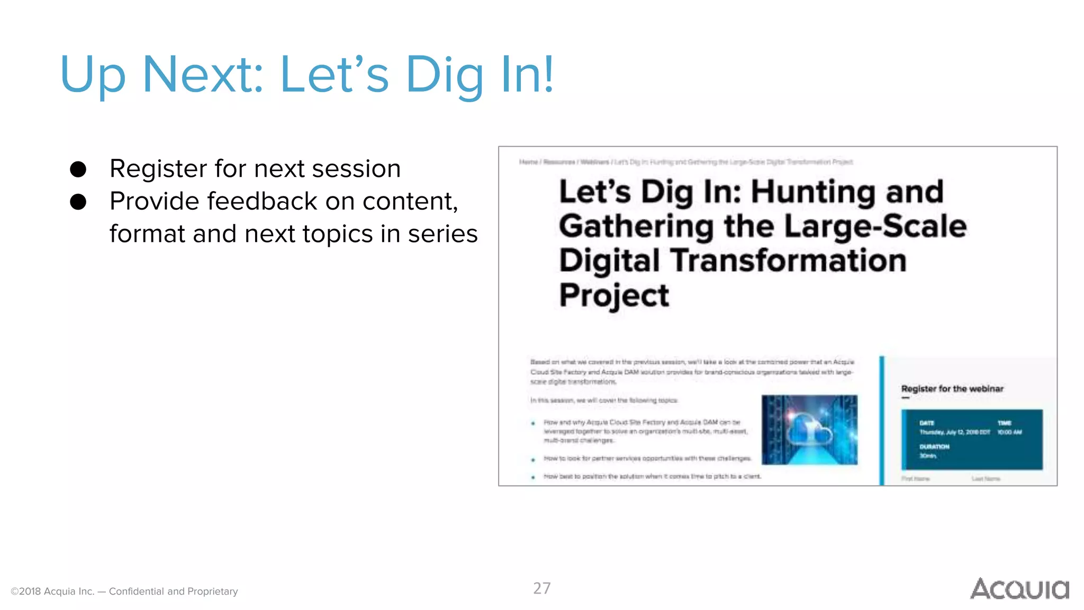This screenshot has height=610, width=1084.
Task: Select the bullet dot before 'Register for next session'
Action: [x=78, y=169]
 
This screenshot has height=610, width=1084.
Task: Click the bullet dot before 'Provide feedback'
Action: [x=78, y=202]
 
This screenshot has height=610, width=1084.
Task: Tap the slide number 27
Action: [x=541, y=588]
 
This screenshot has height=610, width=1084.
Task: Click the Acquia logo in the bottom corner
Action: [x=1019, y=589]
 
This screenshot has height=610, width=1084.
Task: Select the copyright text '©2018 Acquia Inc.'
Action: [x=52, y=591]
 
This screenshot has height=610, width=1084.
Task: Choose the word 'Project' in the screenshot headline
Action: [x=614, y=295]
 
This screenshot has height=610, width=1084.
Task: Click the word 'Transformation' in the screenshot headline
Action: [x=788, y=261]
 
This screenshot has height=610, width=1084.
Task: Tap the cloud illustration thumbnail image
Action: [x=809, y=430]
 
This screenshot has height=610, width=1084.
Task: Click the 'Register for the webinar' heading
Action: [x=952, y=389]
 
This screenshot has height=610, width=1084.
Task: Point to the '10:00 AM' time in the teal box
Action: [x=1009, y=432]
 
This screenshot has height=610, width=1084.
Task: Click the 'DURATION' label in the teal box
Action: [x=934, y=446]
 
